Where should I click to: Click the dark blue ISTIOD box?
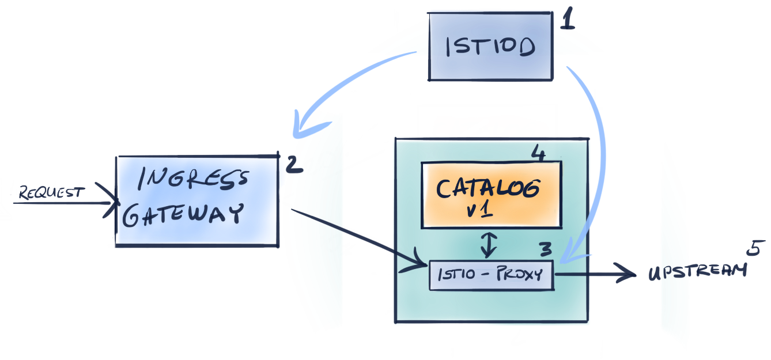[491, 46]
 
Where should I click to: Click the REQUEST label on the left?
[52, 192]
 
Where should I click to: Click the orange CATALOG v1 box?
[492, 194]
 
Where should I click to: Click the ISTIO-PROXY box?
[491, 275]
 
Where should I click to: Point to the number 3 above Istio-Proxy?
[545, 249]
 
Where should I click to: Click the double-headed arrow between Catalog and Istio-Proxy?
[489, 244]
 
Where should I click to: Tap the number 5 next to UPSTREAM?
[753, 249]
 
